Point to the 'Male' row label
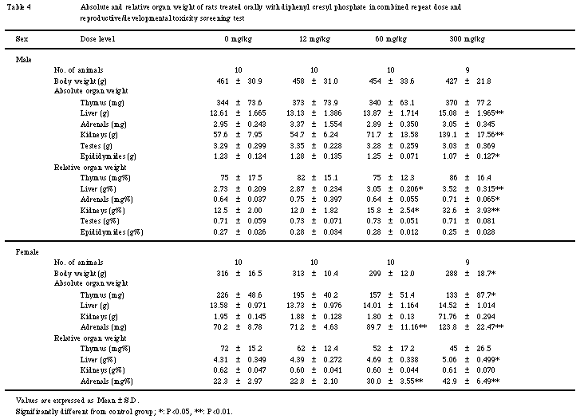(x=25, y=60)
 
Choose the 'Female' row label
(x=28, y=251)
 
